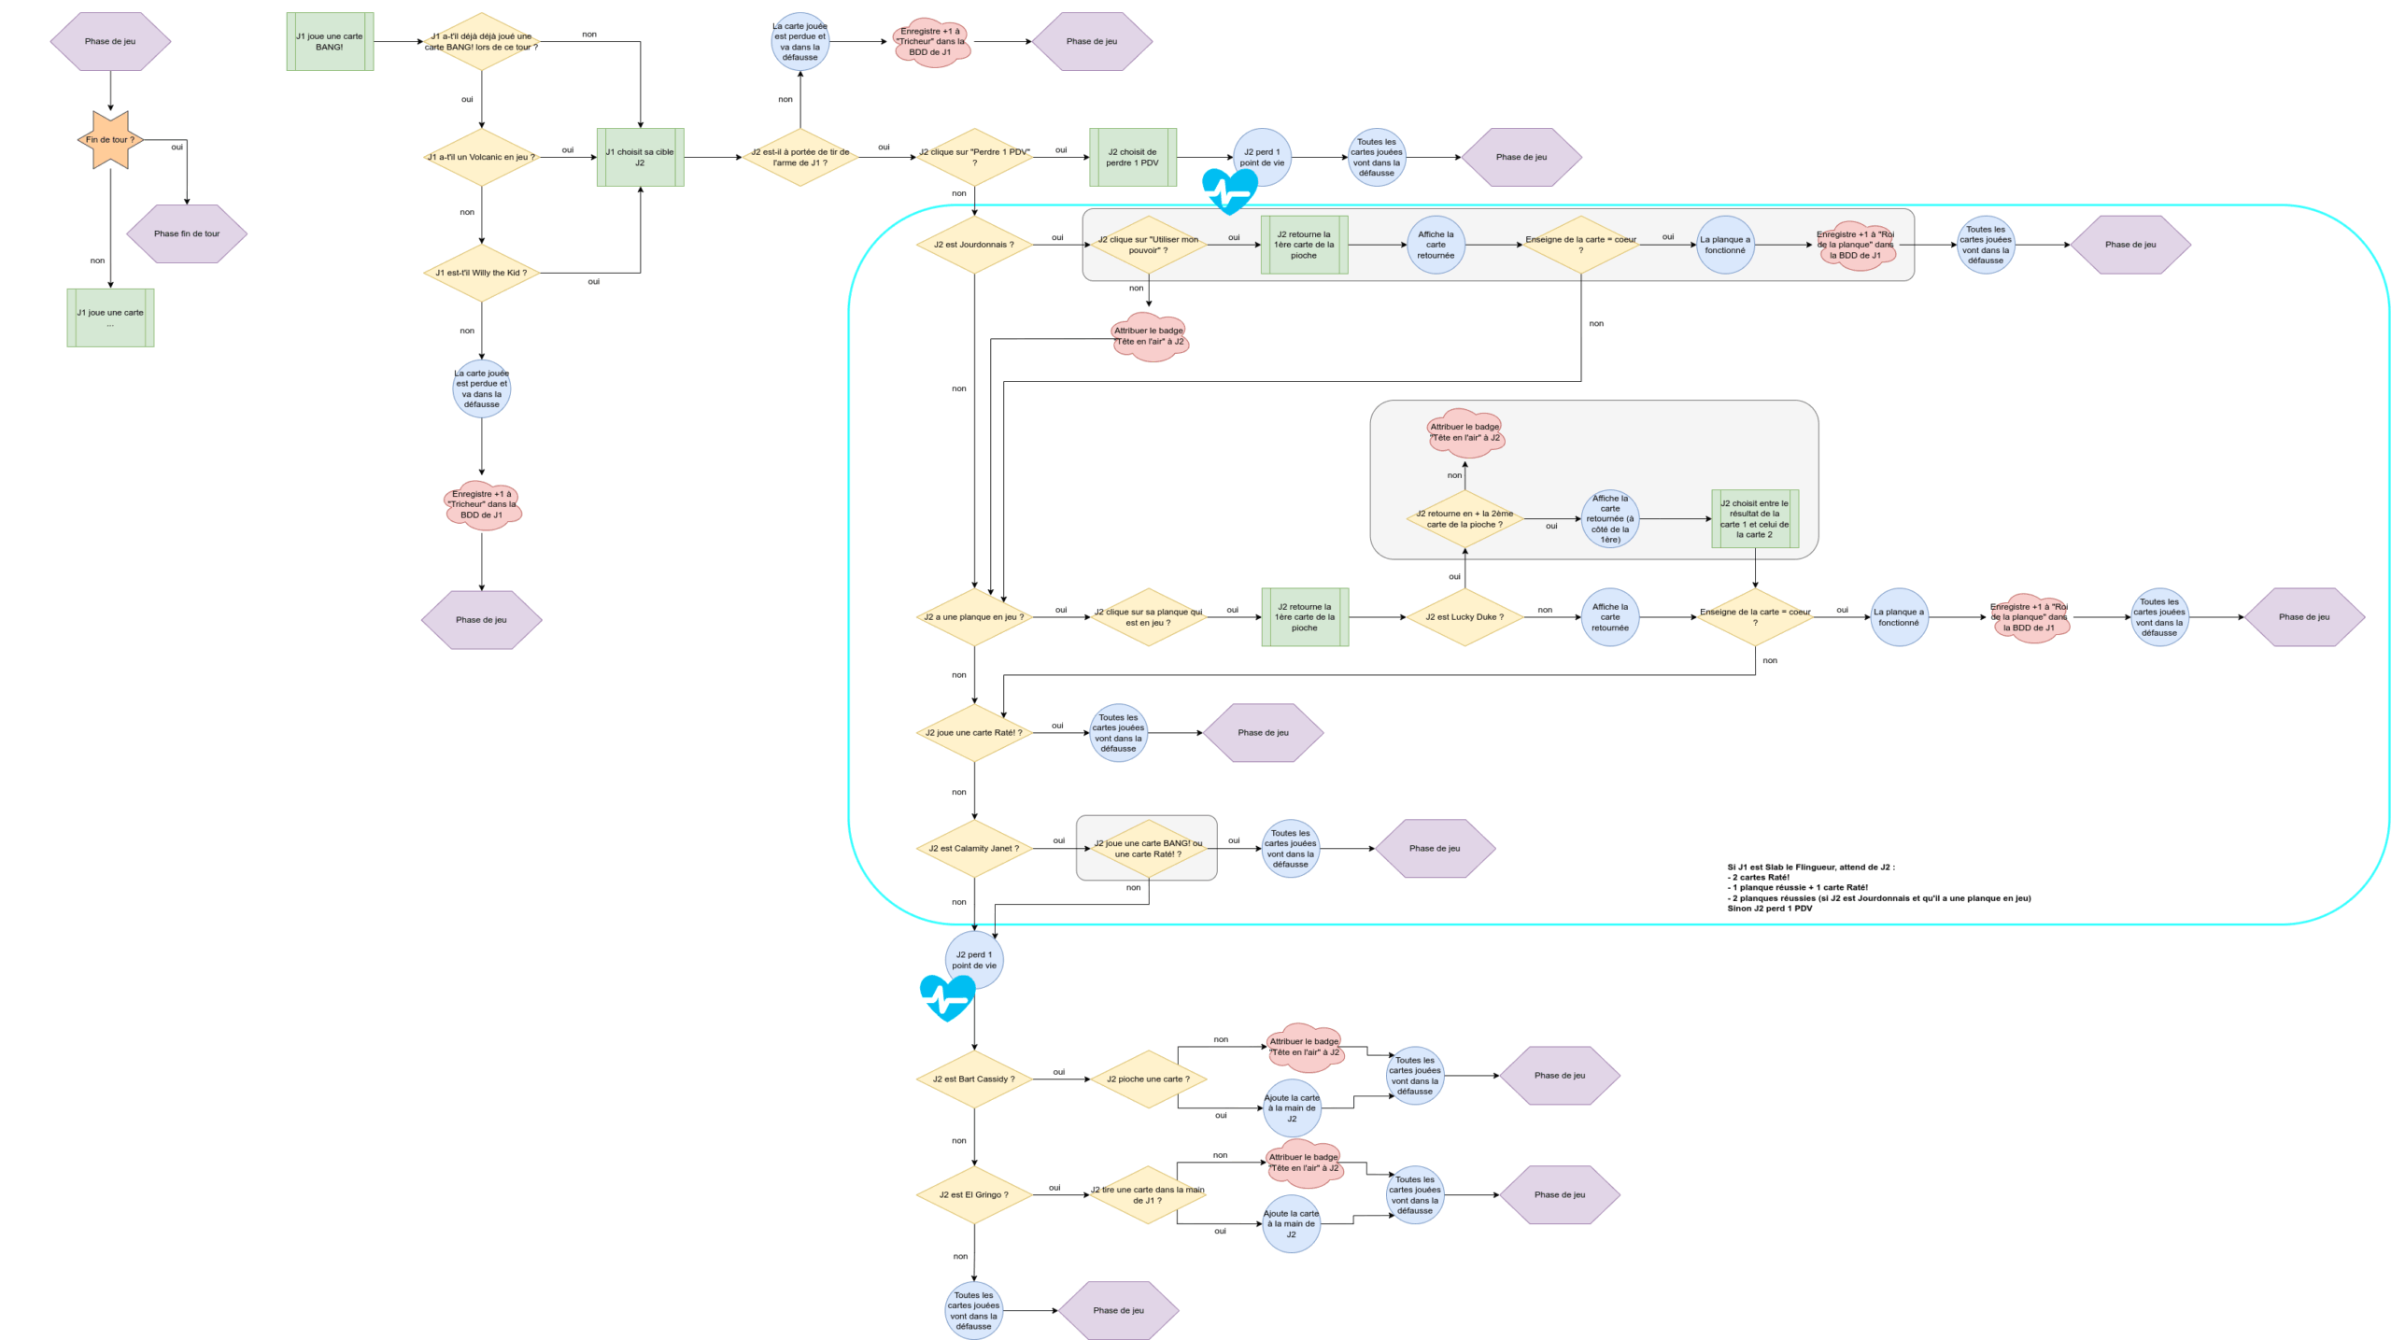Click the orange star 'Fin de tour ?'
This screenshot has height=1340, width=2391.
pos(110,140)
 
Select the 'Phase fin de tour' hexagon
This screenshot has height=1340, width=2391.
pos(187,233)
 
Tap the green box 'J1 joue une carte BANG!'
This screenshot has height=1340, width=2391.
pos(330,41)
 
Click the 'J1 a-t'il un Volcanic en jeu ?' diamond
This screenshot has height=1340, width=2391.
pos(481,157)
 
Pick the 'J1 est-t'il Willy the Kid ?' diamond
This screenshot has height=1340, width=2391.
pos(481,273)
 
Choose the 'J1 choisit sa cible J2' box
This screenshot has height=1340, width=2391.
pos(641,157)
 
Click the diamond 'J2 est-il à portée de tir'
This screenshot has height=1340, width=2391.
pos(800,157)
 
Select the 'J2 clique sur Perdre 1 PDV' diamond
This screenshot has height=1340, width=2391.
pos(974,157)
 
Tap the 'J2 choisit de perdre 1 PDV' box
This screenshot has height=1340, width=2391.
pos(1133,157)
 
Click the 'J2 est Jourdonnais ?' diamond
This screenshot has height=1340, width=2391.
pos(974,245)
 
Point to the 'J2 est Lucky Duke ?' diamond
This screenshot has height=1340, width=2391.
pos(1464,617)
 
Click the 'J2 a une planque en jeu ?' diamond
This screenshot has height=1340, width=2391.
pos(974,617)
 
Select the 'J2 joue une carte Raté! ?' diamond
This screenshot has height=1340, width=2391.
pos(974,733)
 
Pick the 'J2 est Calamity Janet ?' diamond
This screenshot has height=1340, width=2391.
pos(974,849)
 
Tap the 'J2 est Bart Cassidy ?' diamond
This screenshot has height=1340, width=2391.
pos(974,1079)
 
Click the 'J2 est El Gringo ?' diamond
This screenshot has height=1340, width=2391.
pos(974,1195)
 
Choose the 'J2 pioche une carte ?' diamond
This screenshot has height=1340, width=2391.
pos(1148,1079)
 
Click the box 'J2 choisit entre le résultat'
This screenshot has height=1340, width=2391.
pos(1755,519)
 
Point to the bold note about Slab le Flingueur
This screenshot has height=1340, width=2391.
pos(1878,887)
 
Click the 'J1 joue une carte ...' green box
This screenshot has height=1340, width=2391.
pos(110,317)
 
